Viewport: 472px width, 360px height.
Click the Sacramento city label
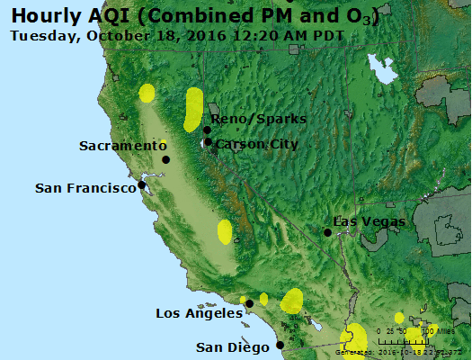(123, 146)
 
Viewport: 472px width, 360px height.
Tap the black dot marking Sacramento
(165, 160)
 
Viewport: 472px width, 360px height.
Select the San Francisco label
(85, 188)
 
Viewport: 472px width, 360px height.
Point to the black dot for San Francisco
(141, 185)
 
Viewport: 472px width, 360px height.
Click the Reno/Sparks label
(259, 119)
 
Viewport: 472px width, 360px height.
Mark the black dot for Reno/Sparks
(207, 130)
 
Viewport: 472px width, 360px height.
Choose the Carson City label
(257, 144)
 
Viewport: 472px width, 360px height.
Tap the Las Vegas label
(370, 221)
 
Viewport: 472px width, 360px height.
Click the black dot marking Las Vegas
(328, 232)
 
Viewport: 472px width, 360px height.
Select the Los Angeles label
(199, 313)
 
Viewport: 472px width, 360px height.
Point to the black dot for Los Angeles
(249, 304)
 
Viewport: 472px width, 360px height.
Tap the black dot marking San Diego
(280, 345)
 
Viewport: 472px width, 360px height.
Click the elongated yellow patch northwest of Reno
(192, 108)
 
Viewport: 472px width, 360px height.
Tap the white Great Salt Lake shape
(384, 68)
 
